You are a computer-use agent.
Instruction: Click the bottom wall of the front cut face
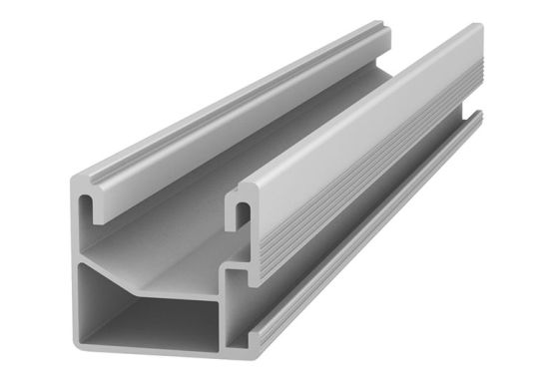tap(160, 358)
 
